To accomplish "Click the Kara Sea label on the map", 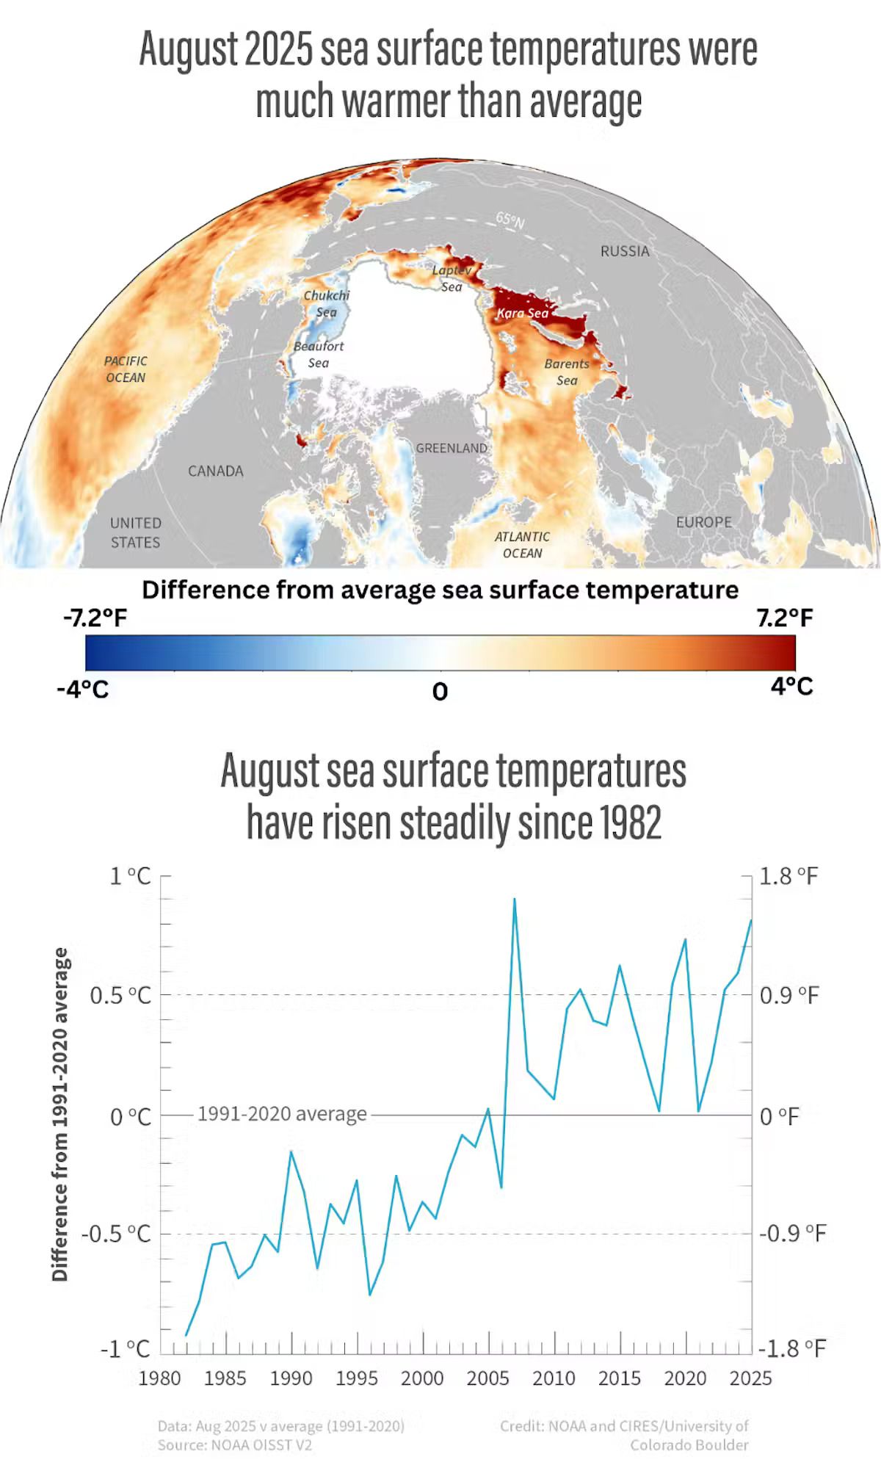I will coord(522,313).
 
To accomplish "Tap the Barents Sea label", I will coord(566,372).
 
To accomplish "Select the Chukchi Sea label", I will coord(327,303).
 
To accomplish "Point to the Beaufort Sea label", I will coord(318,354).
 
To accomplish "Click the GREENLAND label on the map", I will coord(451,448).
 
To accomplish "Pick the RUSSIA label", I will coord(625,251).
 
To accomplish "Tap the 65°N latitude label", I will coord(510,220).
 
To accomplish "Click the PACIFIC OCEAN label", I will coord(126,369).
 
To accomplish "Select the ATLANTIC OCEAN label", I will coord(522,545).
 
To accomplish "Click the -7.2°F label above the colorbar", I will coord(95,618).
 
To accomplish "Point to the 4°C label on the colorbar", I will coord(791,687).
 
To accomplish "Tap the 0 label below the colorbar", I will coord(440,691).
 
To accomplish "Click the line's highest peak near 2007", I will coord(514,899).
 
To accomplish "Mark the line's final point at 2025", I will coord(751,920).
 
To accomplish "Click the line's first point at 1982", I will coord(186,1335).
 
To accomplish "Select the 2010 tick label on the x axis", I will coord(554,1378).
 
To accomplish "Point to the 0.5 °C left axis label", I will coord(120,996).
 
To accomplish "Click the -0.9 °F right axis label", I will coord(791,1233).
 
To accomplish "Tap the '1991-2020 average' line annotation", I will coord(282,1114).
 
